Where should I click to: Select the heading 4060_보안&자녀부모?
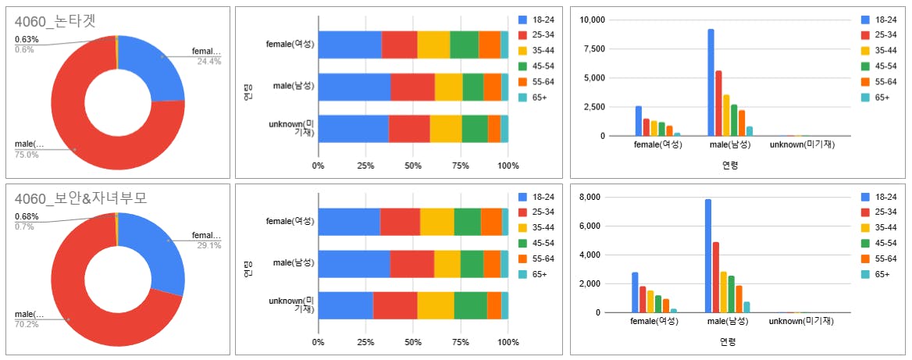click(80, 198)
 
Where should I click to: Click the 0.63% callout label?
click(27, 40)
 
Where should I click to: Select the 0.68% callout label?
click(27, 216)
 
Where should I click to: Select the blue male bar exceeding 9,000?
click(711, 82)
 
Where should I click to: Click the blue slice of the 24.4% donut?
click(152, 66)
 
